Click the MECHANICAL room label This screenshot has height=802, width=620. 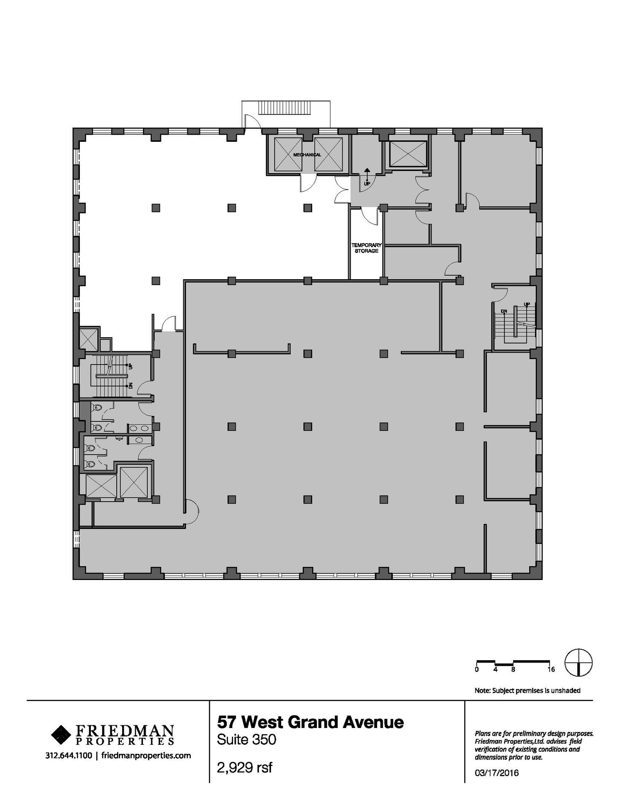pos(307,155)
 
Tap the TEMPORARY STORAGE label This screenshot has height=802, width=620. pos(366,248)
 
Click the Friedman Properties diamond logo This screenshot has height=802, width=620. pos(61,735)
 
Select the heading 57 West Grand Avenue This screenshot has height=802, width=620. pos(310,722)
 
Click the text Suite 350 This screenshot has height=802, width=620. pos(246,740)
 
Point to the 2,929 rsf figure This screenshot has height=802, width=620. pos(244,768)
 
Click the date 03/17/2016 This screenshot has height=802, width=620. pos(497,773)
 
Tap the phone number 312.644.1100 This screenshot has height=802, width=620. pos(69,755)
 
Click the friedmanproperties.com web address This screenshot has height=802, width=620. pos(146,755)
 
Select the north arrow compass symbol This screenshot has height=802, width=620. pos(578,663)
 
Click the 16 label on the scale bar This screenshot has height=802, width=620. pos(551,670)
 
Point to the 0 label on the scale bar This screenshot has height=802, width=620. pos(477,670)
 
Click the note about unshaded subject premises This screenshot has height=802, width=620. pos(527,690)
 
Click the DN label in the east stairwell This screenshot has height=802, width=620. pos(504,311)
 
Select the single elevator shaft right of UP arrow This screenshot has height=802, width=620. pos(408,154)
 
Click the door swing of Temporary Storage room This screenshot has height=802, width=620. pos(369,217)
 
